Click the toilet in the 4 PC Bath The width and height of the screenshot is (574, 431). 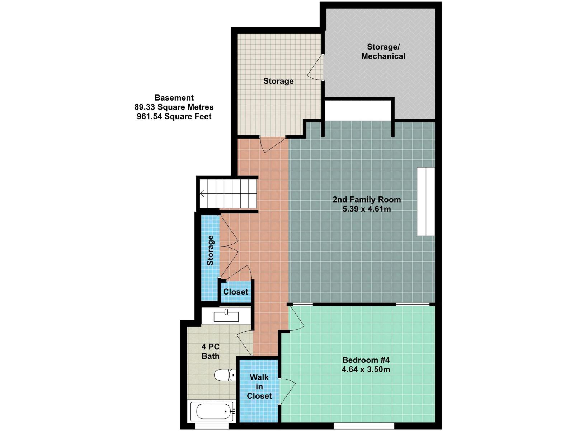(x=225, y=375)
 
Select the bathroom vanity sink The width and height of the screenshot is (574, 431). (x=226, y=316)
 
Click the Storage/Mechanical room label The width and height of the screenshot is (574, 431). (x=383, y=52)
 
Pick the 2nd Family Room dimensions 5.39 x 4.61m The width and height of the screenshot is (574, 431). (x=367, y=209)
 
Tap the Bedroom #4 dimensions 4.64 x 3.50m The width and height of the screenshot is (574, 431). (x=366, y=369)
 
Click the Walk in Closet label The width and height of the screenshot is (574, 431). (x=259, y=386)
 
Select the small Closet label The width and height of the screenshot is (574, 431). (x=235, y=292)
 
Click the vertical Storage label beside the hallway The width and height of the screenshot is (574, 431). (x=210, y=250)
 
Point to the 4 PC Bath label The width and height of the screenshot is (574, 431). (x=211, y=352)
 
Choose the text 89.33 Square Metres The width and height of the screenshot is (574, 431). (x=174, y=107)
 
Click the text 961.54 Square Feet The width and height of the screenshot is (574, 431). (x=174, y=116)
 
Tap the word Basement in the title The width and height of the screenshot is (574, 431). (x=174, y=98)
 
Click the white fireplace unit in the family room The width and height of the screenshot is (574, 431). (x=426, y=201)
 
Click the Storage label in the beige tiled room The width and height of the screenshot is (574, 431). (x=278, y=81)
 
